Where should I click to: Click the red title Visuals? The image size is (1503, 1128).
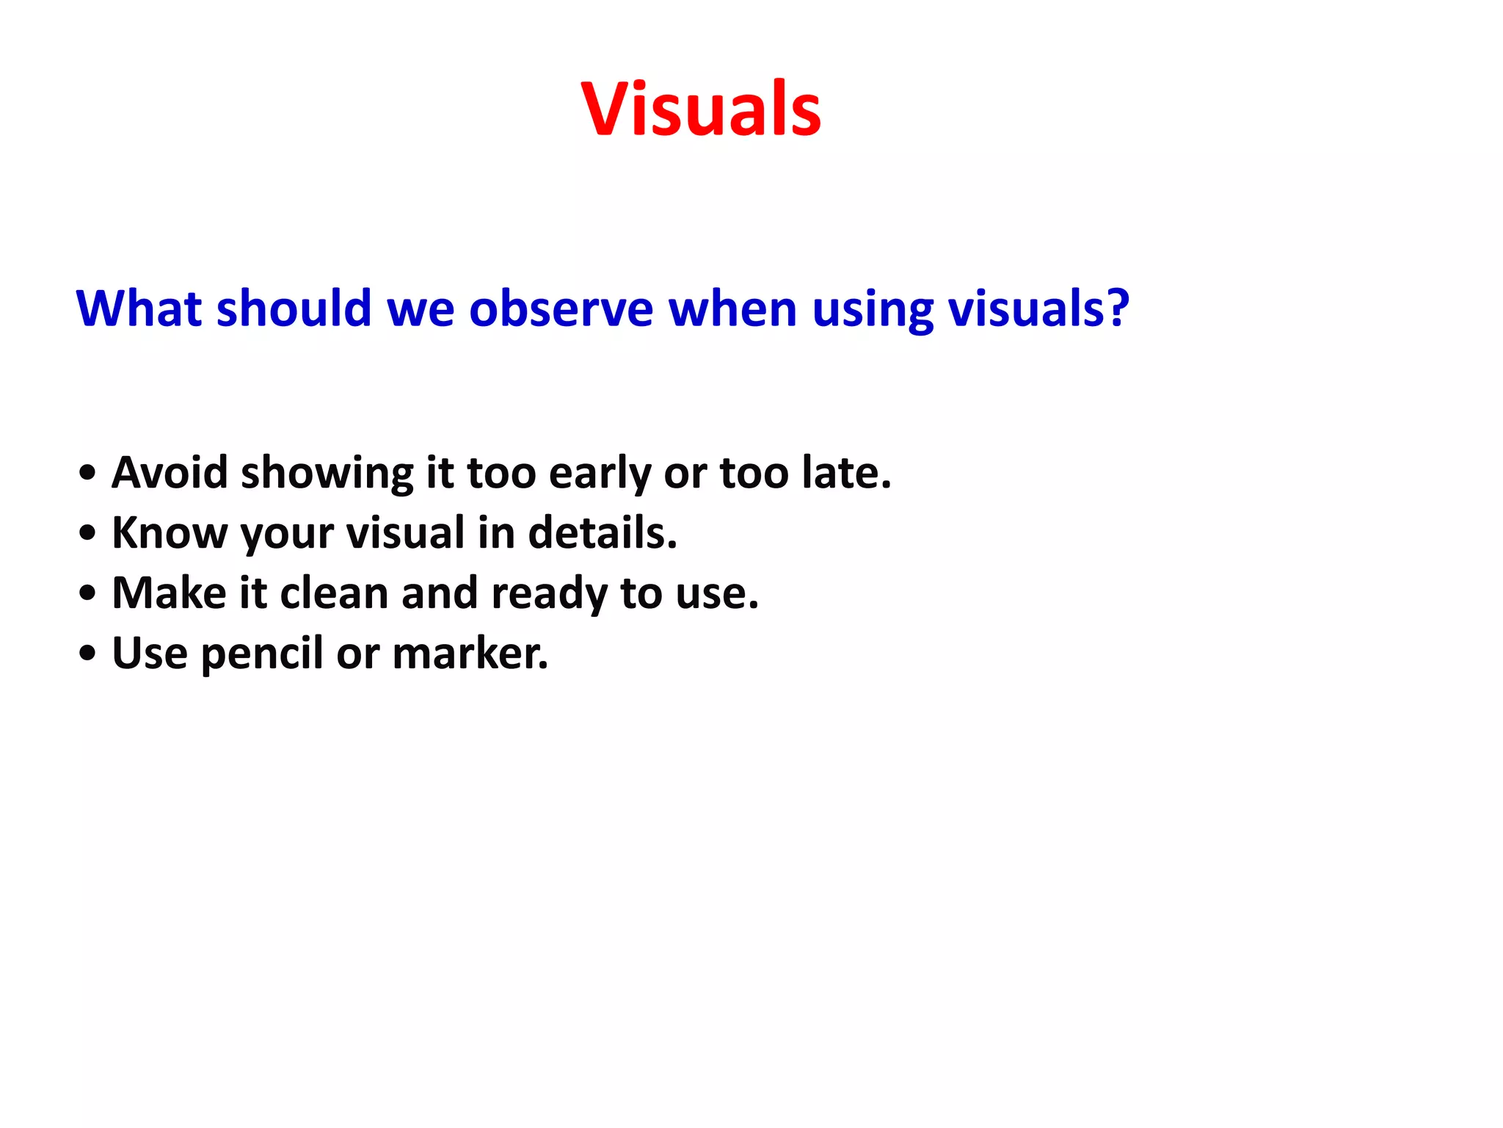701,110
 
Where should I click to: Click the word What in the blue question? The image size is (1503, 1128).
139,308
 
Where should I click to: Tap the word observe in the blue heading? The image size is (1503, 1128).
561,308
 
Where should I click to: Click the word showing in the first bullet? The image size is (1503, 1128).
327,474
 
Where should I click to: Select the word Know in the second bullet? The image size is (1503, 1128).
170,532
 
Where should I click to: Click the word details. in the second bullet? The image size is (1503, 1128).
603,532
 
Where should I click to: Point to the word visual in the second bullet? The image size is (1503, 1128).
406,532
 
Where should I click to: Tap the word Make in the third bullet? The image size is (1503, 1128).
170,593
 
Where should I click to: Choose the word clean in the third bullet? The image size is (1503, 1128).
334,593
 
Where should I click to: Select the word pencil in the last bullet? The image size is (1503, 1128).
261,654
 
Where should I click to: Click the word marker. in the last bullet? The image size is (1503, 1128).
470,653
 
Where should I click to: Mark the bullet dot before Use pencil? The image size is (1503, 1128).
87,654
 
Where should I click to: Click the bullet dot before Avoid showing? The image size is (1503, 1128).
87,474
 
